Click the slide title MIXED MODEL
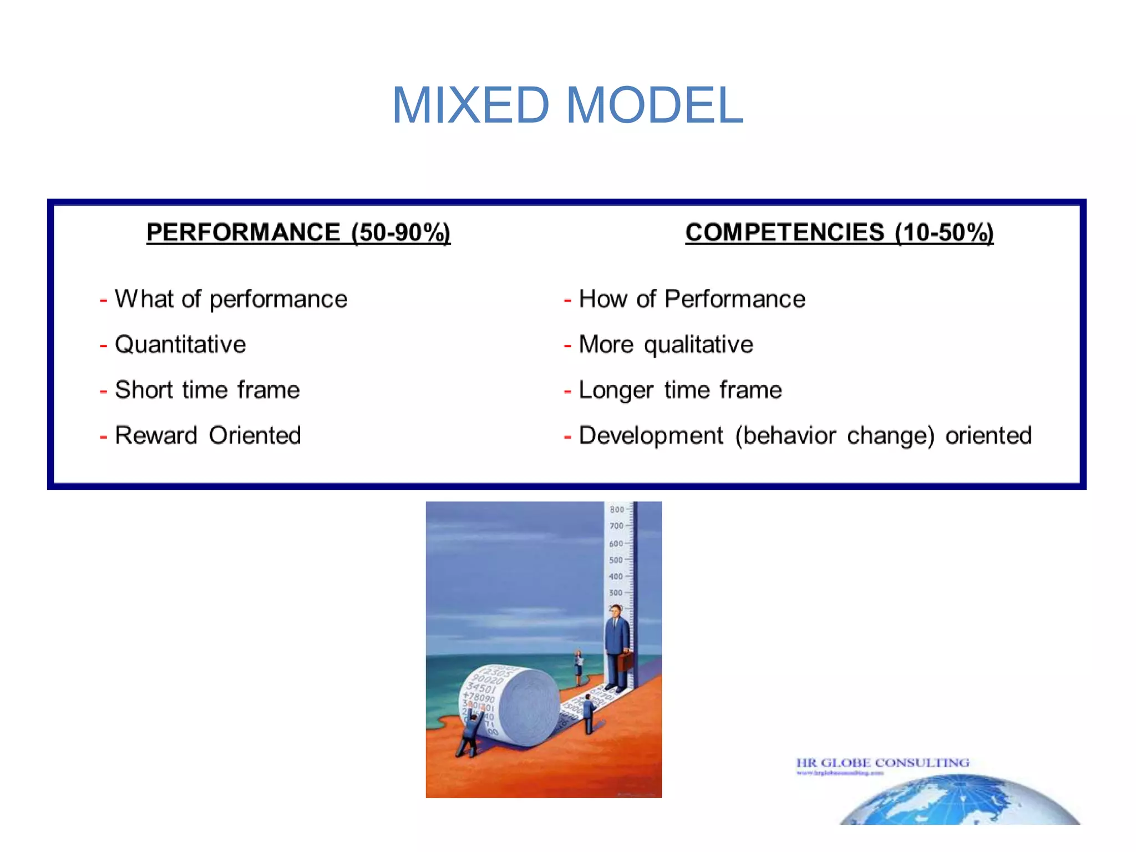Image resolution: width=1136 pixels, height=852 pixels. point(567,105)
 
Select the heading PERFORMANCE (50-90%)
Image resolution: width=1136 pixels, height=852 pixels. point(298,232)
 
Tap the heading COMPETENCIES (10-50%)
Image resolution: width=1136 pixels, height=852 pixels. point(839,232)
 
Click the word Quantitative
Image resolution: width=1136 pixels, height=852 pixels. point(180,344)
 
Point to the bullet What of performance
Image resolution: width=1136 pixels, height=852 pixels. point(231,299)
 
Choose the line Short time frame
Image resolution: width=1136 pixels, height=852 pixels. point(207,390)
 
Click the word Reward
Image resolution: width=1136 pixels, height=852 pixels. point(156,435)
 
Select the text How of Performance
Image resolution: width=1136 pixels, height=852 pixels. point(692,299)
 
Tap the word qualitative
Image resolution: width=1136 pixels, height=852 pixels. point(698,345)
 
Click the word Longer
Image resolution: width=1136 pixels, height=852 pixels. point(616,390)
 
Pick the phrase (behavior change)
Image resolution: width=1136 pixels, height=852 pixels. point(835,436)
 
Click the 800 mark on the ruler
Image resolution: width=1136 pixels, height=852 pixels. point(617,510)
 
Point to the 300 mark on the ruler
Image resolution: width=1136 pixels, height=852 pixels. point(616,593)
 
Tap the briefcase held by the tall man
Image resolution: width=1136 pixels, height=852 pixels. point(626,662)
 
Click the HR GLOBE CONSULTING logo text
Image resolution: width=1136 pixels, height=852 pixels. point(883,763)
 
